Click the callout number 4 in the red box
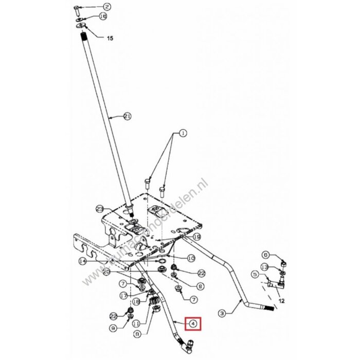click(193, 323)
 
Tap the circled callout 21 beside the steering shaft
click(128, 117)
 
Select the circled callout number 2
click(107, 7)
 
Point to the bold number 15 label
click(109, 38)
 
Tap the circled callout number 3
click(223, 312)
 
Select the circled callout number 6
click(266, 255)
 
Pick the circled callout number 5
click(255, 275)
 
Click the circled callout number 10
click(190, 258)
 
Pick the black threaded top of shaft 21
click(84, 38)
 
